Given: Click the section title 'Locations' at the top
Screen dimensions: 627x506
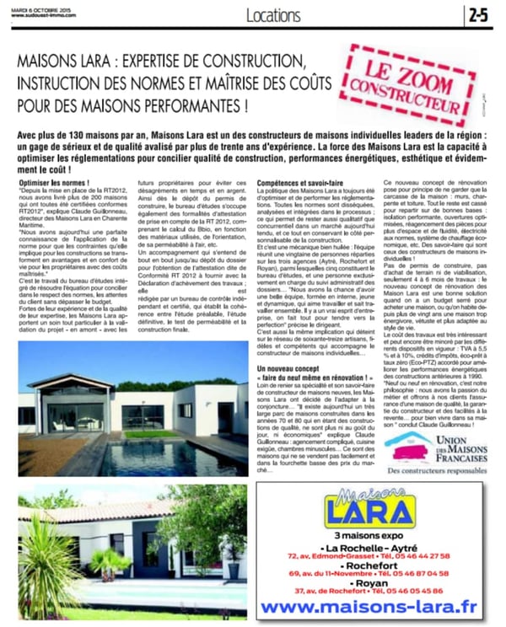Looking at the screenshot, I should pos(274,15).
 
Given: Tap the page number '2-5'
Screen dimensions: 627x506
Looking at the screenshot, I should pos(478,14).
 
